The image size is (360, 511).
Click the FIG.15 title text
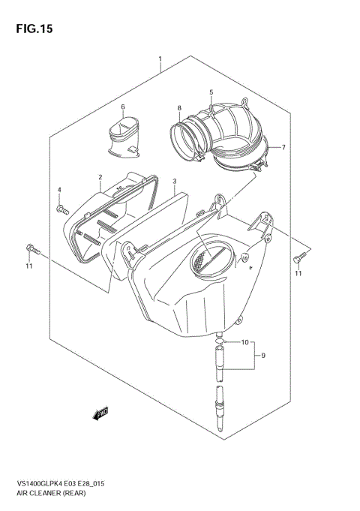point(31,29)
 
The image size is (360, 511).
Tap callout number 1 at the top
point(159,59)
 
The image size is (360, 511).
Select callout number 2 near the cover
point(100,178)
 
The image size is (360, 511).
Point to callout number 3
point(174,181)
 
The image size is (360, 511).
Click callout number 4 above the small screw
point(59,189)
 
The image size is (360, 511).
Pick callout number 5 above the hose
point(211,92)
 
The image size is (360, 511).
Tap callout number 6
point(123,107)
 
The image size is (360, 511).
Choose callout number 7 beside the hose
point(283,147)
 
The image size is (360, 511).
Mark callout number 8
point(179,108)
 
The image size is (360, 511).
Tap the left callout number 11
point(29,266)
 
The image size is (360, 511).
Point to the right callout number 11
point(298,274)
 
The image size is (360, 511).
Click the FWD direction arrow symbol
point(100,412)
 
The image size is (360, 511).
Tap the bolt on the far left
point(30,247)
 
